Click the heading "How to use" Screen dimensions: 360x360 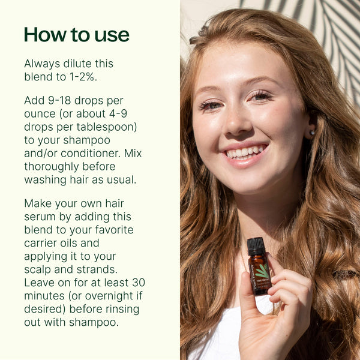(76, 34)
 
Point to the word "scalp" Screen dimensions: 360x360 (38, 269)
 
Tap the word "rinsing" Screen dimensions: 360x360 (119, 309)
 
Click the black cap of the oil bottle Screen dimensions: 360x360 (256, 245)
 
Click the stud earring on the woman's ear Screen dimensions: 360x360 (312, 133)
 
